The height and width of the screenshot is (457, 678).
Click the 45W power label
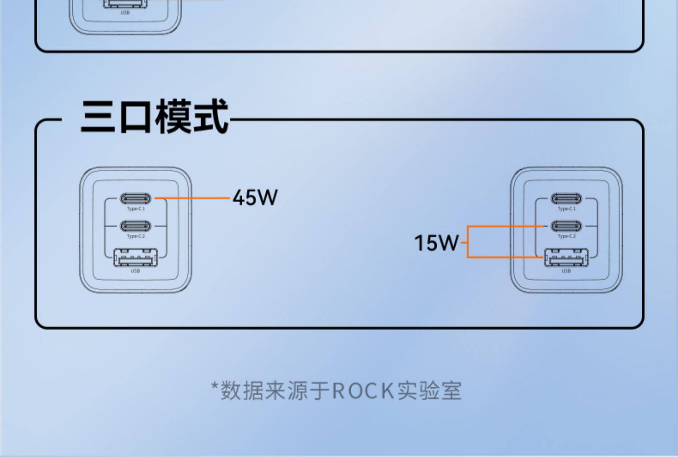(x=255, y=198)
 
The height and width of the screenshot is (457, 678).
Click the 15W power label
(x=436, y=243)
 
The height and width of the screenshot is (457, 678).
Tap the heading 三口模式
(x=155, y=117)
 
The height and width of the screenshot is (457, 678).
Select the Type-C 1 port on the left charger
(x=136, y=198)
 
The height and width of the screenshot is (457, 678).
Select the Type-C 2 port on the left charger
(x=136, y=226)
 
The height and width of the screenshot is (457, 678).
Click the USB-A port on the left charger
(x=136, y=258)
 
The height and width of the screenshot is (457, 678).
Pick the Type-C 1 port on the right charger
(x=566, y=198)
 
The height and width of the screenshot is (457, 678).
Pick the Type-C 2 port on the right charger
(x=566, y=226)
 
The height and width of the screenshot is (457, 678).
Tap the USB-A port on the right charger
(x=566, y=258)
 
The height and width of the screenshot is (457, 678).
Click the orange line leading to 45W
(x=192, y=198)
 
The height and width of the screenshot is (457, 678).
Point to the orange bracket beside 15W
(x=468, y=242)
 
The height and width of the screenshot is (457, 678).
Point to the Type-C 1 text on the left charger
(x=136, y=209)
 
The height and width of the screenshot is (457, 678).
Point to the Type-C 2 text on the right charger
(x=566, y=236)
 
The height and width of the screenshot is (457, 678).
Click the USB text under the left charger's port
(x=136, y=271)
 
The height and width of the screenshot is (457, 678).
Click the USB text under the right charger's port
(x=566, y=271)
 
